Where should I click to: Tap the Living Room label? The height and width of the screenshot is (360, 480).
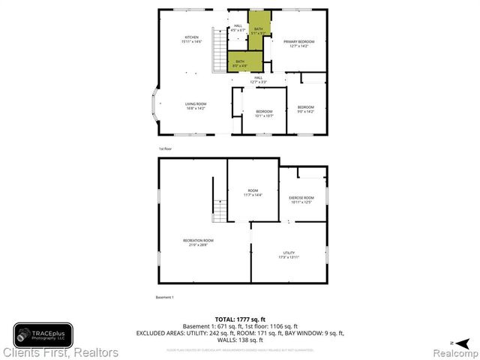pos(196,106)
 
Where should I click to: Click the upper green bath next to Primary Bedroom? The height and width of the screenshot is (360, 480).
pos(259,31)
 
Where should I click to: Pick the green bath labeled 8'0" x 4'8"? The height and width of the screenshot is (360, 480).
pos(239,63)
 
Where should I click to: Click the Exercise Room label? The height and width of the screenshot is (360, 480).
pos(301,199)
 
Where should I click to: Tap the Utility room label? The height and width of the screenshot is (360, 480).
pos(289,255)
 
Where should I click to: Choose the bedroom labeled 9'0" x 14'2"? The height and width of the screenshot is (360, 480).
pos(306,109)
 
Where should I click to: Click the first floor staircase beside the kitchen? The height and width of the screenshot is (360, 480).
pos(220,49)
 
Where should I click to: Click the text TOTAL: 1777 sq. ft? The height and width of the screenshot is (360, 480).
pos(239,320)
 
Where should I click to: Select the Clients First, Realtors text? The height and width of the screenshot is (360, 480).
pos(60,352)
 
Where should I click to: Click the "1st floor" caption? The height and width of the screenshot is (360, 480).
pos(164,148)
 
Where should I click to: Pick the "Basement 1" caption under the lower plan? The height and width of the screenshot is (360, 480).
pos(164,298)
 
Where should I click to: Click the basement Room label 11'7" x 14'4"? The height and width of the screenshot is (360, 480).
pos(253,193)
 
